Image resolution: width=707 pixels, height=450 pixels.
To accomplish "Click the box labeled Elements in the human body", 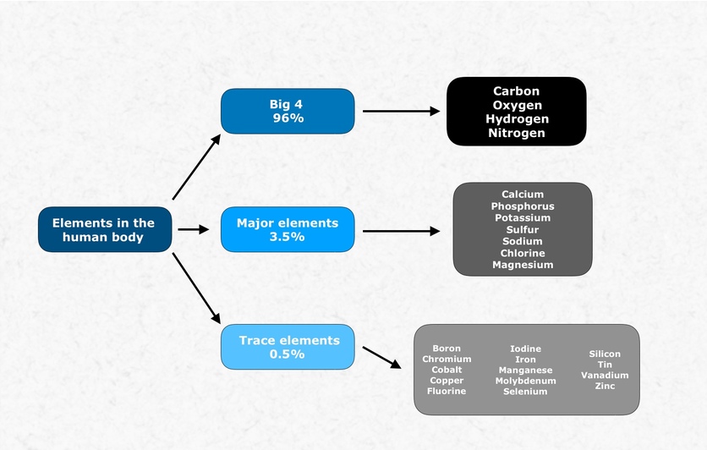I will [x=104, y=229].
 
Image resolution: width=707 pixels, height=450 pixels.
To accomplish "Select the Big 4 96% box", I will [x=287, y=111].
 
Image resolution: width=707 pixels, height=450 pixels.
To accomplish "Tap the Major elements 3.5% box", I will [x=287, y=229].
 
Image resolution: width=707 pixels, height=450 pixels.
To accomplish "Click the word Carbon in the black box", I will [x=516, y=91].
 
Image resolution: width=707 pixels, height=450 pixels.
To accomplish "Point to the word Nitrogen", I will [x=516, y=133].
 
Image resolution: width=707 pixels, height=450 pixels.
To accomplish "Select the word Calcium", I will [x=523, y=195].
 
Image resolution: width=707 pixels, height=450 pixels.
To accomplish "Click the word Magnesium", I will [x=523, y=265].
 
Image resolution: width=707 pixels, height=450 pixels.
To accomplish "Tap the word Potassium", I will [x=523, y=218].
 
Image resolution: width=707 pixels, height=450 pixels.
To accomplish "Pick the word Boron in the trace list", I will [x=447, y=348].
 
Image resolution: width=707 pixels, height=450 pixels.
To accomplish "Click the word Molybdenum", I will [x=525, y=381].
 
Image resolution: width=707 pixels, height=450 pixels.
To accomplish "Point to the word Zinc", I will [x=605, y=386].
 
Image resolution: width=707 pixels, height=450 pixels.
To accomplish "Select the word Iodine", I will [x=525, y=348].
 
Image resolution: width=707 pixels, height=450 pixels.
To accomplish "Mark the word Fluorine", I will [x=447, y=392].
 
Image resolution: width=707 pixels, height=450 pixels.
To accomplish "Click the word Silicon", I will [x=605, y=354].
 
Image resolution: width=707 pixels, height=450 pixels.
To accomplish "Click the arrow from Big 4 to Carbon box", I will [x=401, y=111].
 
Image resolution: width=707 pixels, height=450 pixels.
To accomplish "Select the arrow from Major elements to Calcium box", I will [x=401, y=230].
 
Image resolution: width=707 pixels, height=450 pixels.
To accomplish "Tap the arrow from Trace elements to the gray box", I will [x=381, y=357].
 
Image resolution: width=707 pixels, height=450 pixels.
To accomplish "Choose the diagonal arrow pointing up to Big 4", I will [x=196, y=167].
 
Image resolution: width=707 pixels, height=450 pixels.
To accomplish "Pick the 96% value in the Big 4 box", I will [x=288, y=118].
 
